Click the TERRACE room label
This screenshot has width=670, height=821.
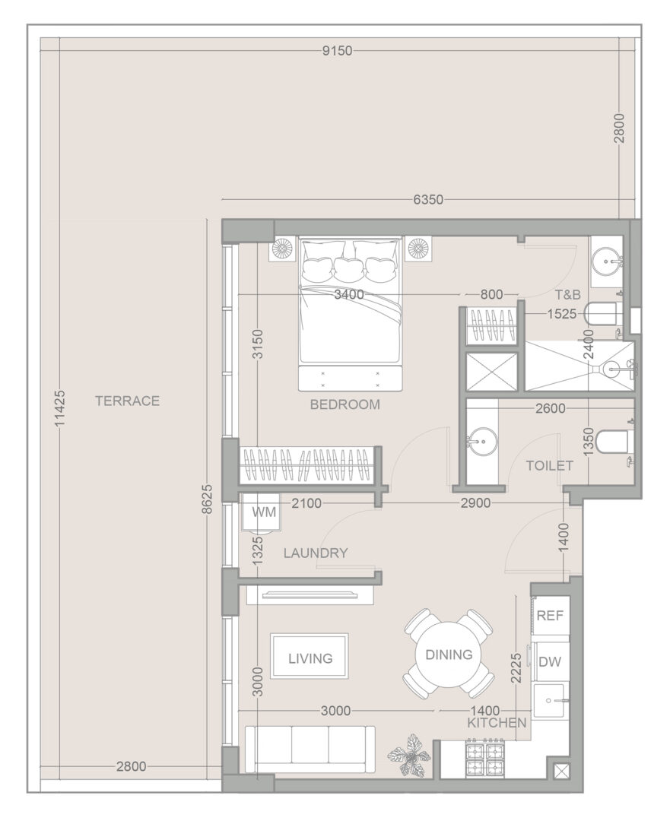point(127,401)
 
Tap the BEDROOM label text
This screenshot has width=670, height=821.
point(345,404)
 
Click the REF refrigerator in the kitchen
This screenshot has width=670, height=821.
point(550,615)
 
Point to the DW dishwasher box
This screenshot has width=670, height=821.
point(550,661)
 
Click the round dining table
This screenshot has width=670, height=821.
point(449,654)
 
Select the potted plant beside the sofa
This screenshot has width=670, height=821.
point(409,755)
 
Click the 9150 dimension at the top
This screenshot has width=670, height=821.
point(338,51)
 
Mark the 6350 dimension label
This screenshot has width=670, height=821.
point(428,199)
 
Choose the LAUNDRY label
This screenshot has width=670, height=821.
point(316,553)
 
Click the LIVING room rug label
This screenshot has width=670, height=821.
point(310,658)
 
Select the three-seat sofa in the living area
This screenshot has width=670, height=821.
point(310,750)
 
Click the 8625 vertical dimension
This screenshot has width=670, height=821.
point(207,499)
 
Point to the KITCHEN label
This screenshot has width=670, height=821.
point(497,723)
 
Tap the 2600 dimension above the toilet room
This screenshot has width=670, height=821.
point(550,408)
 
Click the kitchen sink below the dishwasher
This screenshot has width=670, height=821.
point(549,699)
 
